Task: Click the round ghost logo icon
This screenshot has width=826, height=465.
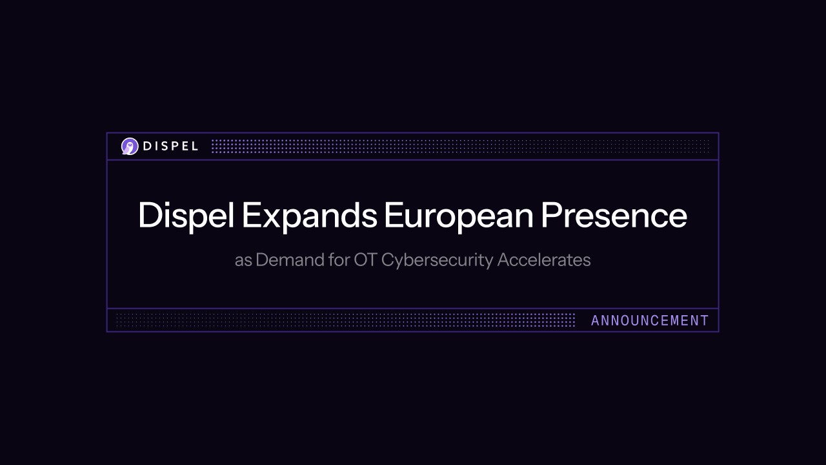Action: click(x=130, y=147)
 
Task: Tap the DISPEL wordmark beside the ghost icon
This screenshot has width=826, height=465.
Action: click(x=170, y=147)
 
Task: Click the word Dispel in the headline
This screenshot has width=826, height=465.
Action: click(x=185, y=216)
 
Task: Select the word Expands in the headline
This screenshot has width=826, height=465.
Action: click(x=309, y=216)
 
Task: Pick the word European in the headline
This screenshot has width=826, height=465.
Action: click(x=458, y=216)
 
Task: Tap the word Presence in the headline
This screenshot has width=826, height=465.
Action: click(x=614, y=216)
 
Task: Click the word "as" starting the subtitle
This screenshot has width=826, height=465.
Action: click(x=243, y=260)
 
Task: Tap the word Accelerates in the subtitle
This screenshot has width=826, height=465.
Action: click(x=544, y=260)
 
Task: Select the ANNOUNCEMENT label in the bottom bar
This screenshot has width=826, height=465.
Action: click(x=650, y=320)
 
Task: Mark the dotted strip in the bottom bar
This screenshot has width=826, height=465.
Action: click(x=345, y=320)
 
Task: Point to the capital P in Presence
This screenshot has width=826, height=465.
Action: click(x=550, y=216)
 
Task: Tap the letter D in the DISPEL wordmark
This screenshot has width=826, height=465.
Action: click(x=147, y=147)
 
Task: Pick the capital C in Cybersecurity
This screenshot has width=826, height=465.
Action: click(x=388, y=260)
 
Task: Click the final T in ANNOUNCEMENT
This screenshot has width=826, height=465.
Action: click(x=705, y=320)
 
